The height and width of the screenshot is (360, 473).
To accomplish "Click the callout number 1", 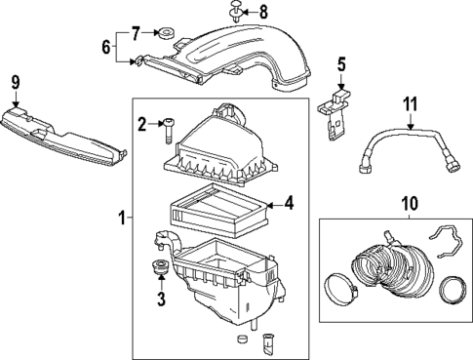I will (x=121, y=220).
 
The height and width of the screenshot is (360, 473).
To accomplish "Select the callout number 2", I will (x=142, y=123).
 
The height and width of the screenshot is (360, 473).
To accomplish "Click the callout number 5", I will (x=340, y=65).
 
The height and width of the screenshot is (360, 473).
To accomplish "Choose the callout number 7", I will (x=137, y=34).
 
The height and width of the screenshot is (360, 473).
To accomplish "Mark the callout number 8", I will (x=260, y=14).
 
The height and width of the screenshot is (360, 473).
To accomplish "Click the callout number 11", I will (x=411, y=101).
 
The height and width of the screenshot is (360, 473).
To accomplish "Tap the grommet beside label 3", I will (x=156, y=269).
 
